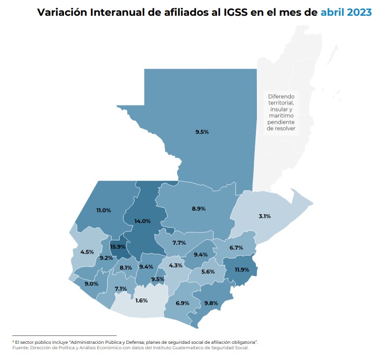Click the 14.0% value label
pos(143,222)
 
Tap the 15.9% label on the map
pos(118,247)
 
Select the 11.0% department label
pos(103,210)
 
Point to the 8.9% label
pos(198,209)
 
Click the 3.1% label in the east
pos(264,216)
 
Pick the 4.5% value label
pos(87,252)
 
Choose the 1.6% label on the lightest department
pos(141,300)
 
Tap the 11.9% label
pos(242,270)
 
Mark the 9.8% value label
pos(211,303)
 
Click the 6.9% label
pos(183,303)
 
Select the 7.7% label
pos(179,243)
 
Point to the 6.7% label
pos(236,248)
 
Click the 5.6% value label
pos(208,272)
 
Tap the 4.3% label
pos(176,265)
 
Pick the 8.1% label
pos(126,268)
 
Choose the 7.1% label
pos(121,289)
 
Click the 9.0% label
pos(92,284)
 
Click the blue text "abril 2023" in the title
pos(346,12)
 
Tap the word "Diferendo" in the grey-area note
pos(281,97)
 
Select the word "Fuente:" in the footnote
pos(22,348)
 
